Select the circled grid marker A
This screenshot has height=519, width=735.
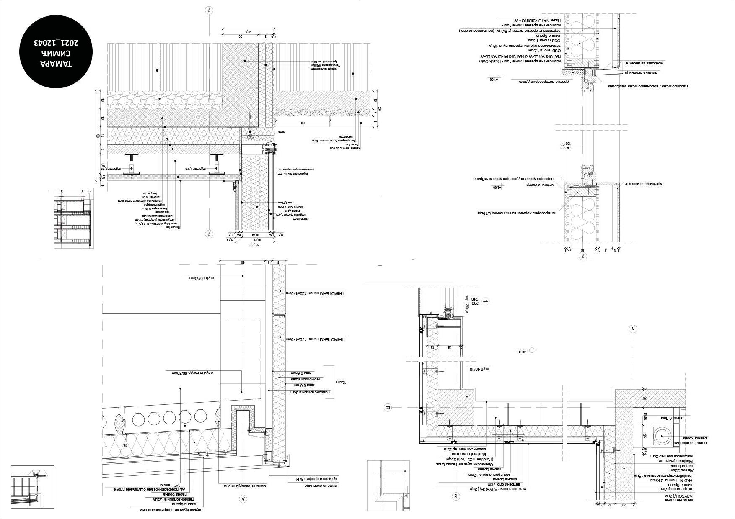(x=243, y=498)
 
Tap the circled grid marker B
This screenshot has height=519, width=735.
(x=388, y=407)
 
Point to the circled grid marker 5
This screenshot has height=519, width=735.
(x=633, y=329)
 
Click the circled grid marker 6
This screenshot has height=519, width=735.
(x=456, y=496)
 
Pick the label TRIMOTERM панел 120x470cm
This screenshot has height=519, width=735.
(x=315, y=293)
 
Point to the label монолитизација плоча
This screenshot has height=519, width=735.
(x=245, y=486)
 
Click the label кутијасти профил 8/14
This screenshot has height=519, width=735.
(x=321, y=479)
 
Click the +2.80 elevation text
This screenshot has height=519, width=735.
(x=497, y=188)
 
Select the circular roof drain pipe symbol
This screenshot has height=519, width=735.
(x=662, y=436)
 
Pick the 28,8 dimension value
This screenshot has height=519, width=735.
(x=248, y=31)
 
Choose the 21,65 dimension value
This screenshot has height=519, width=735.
(x=254, y=244)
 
